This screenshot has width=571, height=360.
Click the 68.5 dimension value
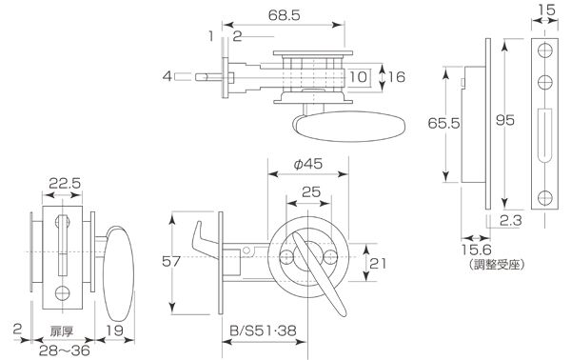[284, 15]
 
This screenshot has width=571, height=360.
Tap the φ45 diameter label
[308, 164]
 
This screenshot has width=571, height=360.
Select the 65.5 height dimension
[443, 123]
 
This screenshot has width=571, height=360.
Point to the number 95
[505, 120]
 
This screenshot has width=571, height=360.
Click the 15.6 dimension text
[477, 250]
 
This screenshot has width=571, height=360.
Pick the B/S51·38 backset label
[263, 330]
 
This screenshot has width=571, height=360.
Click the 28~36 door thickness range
[64, 350]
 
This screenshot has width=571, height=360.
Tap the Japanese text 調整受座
[497, 265]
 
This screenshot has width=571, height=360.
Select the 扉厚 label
[62, 331]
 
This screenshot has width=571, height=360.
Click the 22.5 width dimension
[65, 183]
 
